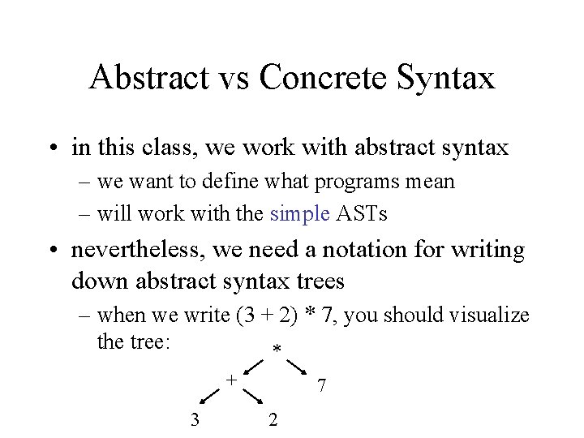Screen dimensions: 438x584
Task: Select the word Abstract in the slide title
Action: click(x=148, y=78)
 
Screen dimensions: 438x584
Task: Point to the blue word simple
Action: click(x=300, y=214)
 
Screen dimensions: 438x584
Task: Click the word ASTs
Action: click(x=362, y=214)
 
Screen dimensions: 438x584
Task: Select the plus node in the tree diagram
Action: click(x=230, y=378)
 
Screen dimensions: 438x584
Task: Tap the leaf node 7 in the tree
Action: click(x=322, y=386)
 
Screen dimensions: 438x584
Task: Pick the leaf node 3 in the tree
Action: click(x=194, y=419)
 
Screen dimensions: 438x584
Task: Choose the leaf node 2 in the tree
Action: click(x=273, y=419)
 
